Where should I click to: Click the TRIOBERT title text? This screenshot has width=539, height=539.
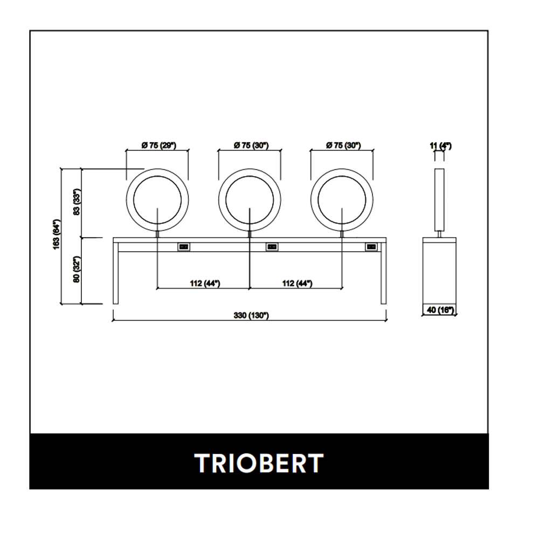pos(259,463)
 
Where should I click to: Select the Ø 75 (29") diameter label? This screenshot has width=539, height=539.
pos(159,146)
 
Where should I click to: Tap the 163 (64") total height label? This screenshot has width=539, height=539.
pos(57,234)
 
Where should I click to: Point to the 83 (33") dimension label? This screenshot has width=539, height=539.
pos(77,202)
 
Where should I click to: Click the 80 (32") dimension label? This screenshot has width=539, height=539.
pos(77,269)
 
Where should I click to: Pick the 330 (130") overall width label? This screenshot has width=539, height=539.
pos(251,315)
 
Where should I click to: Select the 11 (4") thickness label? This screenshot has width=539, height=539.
pos(440,146)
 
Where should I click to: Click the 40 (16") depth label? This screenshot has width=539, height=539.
pos(440,310)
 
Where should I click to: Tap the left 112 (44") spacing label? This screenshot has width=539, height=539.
pos(205,284)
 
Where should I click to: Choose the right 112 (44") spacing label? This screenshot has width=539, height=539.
pos(298,284)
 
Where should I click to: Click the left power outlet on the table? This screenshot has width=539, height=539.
pos(184,247)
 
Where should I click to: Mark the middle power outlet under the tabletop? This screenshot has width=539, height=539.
pos(272,247)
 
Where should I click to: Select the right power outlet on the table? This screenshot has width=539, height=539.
pos(371,247)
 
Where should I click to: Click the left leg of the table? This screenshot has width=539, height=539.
pos(115,273)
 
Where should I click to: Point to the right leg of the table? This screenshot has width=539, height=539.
pos(384,273)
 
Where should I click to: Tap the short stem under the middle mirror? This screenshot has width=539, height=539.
pos(250,234)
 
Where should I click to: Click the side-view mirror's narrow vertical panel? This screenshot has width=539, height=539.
pos(439,200)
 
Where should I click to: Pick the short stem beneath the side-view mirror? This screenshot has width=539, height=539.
pos(439,234)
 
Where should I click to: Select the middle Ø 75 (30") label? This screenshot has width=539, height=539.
pos(251,146)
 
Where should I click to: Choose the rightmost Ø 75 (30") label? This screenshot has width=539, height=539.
pos(343,146)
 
